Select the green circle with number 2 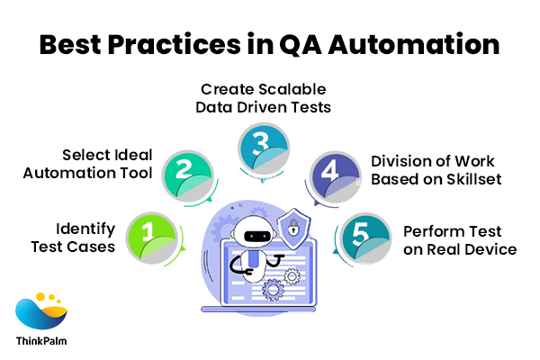pyautogui.click(x=184, y=169)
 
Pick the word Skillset pyautogui.click(x=471, y=179)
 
